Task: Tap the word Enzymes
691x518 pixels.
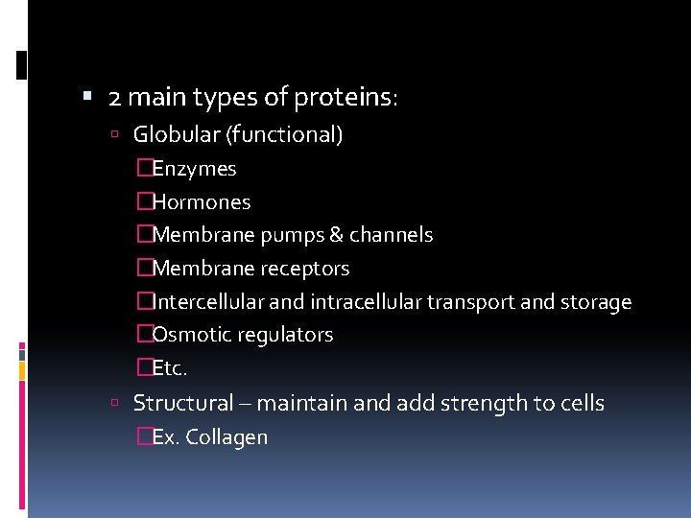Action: pyautogui.click(x=194, y=170)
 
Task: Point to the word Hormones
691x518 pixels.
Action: pyautogui.click(x=201, y=202)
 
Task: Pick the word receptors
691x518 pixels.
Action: pyautogui.click(x=300, y=269)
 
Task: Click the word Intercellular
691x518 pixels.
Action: pyautogui.click(x=208, y=302)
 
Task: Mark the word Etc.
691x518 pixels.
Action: pyautogui.click(x=170, y=368)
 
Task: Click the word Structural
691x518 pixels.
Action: pyautogui.click(x=183, y=403)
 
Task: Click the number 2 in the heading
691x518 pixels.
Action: pyautogui.click(x=115, y=98)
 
